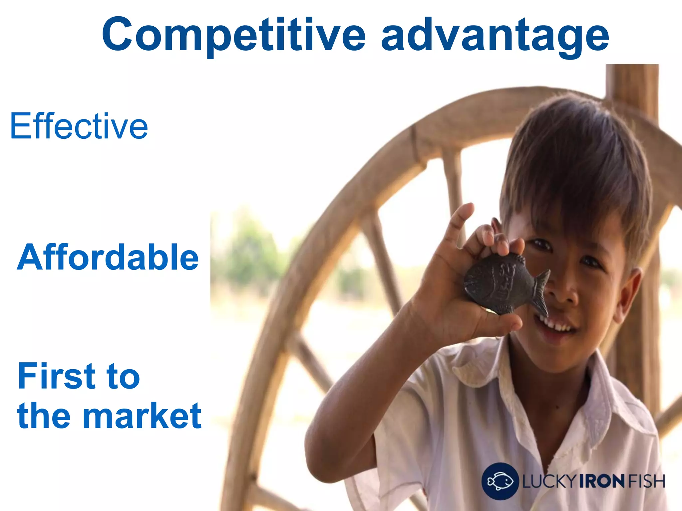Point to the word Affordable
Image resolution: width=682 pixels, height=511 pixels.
coord(108,257)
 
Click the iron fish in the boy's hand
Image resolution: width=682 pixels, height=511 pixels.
coord(500,283)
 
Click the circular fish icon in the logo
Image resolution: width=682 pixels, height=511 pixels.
coord(500,481)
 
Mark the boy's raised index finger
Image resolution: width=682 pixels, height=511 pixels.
coord(461,220)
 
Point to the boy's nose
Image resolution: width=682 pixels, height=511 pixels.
coord(563,293)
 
